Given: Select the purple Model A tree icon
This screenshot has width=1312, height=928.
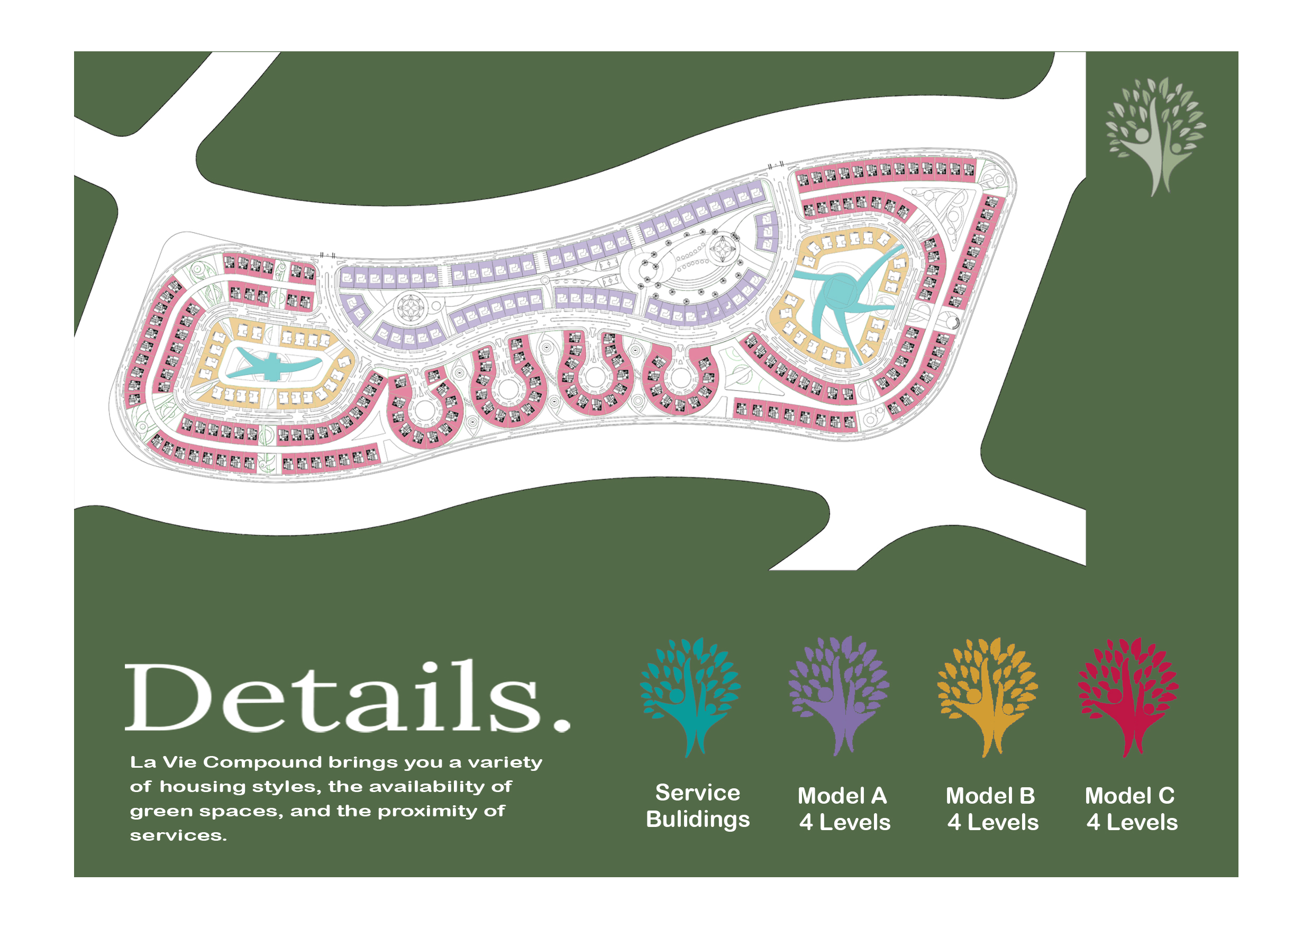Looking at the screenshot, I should [x=839, y=695].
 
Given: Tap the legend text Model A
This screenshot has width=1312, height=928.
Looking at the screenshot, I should [x=842, y=795].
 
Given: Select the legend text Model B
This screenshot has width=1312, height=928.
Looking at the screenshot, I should [x=990, y=795].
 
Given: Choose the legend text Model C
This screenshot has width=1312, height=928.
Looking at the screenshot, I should [x=1129, y=795].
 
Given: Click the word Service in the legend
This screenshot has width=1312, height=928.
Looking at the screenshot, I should [x=697, y=793].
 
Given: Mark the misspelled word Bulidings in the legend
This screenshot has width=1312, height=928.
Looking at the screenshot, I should [x=697, y=819].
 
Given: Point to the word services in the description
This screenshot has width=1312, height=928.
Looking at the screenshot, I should [x=178, y=835].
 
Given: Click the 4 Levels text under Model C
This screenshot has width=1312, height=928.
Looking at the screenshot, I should [x=1132, y=822].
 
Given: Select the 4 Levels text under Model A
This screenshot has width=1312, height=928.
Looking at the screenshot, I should [x=844, y=822].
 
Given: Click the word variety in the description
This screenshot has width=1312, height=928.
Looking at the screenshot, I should [x=505, y=762].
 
